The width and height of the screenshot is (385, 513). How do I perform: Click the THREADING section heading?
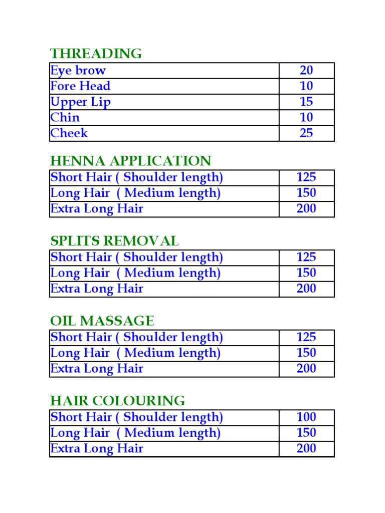pos(96,54)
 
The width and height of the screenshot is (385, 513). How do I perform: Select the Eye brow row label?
pos(78,71)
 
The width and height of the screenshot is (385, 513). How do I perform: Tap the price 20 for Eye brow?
pos(306,71)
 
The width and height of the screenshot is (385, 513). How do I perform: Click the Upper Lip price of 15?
pos(306,102)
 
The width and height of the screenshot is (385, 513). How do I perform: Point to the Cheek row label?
pos(69,133)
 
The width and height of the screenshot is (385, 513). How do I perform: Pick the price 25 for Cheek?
pos(306,133)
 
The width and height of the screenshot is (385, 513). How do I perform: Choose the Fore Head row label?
pos(80,86)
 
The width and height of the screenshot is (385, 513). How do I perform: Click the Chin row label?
pos(65,118)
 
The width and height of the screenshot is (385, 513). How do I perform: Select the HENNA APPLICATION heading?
pos(130,161)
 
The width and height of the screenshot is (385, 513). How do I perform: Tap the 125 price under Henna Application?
pos(306,178)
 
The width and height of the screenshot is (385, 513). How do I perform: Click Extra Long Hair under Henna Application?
pos(97,209)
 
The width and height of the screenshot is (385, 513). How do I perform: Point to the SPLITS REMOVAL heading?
pos(114,241)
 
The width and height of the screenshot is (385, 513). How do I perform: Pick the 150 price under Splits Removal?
pos(306,273)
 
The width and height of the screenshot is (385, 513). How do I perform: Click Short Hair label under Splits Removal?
pos(136,258)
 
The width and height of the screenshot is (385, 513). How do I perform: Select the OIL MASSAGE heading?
pos(102,321)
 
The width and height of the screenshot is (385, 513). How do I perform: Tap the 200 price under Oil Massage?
pos(306,369)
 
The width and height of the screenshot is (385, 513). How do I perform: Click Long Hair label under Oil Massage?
pos(135,353)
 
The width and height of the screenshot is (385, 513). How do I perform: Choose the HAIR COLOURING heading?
pos(117,401)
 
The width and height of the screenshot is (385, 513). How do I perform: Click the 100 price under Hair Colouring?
pos(306,417)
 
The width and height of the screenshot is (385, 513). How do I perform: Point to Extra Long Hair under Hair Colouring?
pos(97,448)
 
